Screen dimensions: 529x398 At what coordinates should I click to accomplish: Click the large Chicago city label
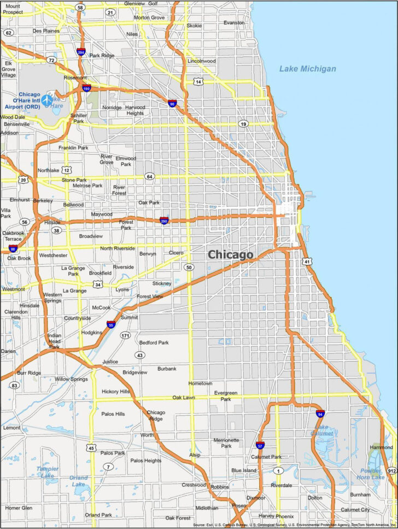(x=230, y=254)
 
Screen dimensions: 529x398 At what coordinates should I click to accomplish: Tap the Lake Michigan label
(x=307, y=69)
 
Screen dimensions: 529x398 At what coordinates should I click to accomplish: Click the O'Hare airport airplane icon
(x=46, y=100)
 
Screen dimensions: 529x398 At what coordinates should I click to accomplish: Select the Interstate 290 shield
(x=164, y=220)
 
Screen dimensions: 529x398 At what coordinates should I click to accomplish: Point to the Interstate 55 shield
(x=111, y=324)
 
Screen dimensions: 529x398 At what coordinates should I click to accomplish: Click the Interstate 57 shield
(x=260, y=445)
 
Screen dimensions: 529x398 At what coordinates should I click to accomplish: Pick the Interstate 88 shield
(x=13, y=249)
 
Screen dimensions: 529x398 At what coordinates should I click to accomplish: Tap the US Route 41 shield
(x=308, y=261)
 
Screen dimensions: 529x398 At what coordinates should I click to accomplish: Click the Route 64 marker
(x=149, y=176)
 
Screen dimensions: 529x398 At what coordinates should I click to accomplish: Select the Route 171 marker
(x=126, y=335)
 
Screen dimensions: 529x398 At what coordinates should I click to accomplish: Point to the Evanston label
(x=234, y=22)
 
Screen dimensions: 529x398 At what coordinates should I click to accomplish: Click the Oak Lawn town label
(x=184, y=398)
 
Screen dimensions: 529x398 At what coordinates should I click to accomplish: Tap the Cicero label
(x=176, y=253)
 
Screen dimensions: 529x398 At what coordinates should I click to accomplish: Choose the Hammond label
(x=381, y=447)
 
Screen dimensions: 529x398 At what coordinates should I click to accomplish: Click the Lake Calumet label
(x=323, y=430)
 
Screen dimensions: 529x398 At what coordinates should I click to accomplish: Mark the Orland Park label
(x=98, y=515)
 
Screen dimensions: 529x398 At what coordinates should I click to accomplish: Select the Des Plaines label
(x=45, y=31)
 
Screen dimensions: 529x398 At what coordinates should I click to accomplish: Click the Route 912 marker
(x=391, y=470)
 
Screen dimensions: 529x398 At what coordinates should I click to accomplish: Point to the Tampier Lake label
(x=47, y=472)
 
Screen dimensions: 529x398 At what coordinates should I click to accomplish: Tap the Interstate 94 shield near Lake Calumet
(x=320, y=414)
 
